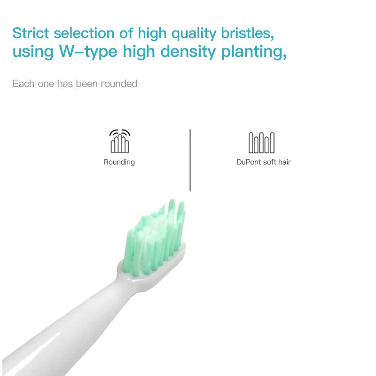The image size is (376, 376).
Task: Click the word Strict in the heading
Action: [30, 33]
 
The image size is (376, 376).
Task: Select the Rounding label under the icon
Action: [119, 162]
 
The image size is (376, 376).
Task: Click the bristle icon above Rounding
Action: [119, 141]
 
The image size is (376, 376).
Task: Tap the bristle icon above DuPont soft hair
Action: [261, 142]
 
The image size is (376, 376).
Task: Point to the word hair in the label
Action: [284, 162]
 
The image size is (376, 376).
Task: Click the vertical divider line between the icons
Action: [190, 160]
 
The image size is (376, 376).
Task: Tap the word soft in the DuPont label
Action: [269, 162]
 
